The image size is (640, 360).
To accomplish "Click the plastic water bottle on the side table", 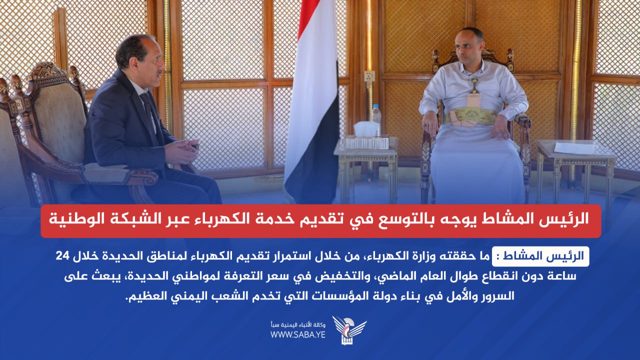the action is tap(376, 120).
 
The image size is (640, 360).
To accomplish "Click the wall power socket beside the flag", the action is tap(369, 75).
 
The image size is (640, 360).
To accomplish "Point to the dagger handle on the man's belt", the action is tap(474, 85).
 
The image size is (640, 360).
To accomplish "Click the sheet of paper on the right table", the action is tap(574, 148).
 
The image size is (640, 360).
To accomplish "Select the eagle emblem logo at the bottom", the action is tap(349, 329).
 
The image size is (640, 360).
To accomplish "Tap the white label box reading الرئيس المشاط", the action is tap(540, 256).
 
